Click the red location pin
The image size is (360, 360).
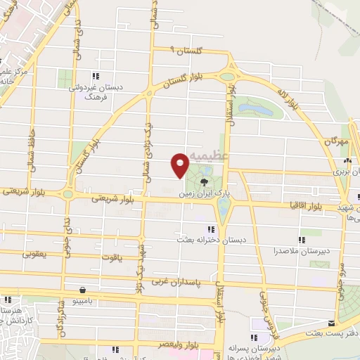180,165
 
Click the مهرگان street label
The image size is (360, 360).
337,141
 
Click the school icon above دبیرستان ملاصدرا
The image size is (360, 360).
302,239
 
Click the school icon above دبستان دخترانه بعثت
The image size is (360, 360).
210,229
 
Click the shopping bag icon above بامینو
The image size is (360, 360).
83,289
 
